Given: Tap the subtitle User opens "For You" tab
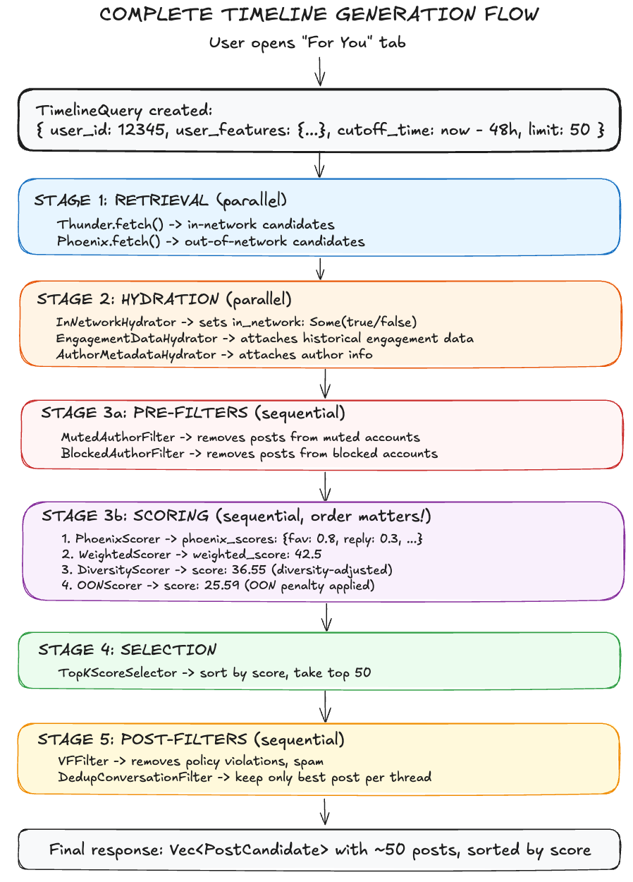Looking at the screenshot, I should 307,42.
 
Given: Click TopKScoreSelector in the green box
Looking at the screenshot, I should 118,672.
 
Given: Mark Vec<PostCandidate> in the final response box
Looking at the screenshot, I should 269,850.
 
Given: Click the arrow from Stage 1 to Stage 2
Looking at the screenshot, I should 320,268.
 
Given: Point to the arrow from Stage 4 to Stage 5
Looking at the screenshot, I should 326,706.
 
